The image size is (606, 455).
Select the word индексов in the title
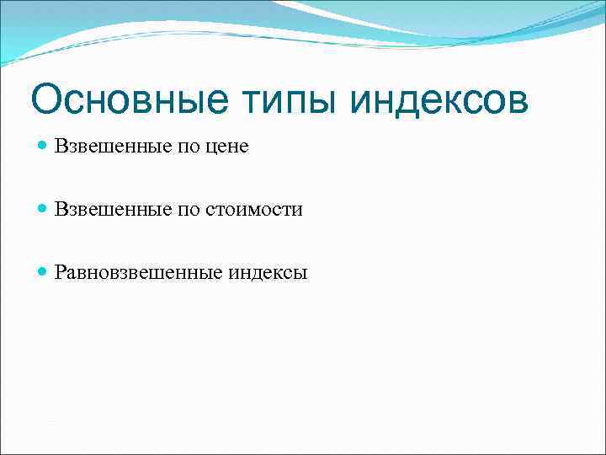click(x=439, y=100)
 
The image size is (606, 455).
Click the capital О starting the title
click(x=46, y=100)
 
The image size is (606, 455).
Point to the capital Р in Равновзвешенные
click(x=61, y=272)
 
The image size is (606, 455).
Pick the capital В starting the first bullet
click(x=61, y=147)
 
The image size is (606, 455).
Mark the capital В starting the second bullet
click(x=61, y=210)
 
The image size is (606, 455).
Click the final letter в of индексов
click(x=518, y=103)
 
